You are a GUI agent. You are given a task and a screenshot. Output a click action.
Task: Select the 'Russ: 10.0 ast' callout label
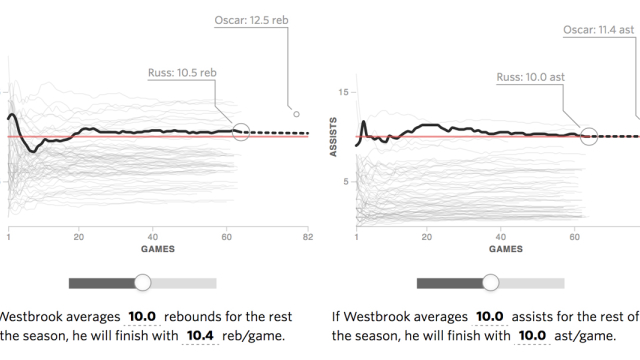(x=531, y=76)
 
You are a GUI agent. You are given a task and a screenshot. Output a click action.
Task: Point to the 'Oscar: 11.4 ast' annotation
(x=597, y=29)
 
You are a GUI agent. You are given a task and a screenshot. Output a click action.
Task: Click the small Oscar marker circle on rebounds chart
(x=296, y=114)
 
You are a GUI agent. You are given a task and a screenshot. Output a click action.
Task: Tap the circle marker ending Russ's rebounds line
(x=240, y=131)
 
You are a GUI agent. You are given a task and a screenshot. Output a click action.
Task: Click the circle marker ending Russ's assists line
(x=588, y=135)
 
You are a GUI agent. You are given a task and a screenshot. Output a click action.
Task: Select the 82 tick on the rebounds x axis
(x=308, y=237)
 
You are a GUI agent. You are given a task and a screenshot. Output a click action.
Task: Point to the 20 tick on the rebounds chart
(x=79, y=237)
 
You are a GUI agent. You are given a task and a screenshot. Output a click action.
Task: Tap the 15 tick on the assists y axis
(x=345, y=92)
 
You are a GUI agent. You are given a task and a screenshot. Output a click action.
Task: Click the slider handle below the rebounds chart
(x=143, y=283)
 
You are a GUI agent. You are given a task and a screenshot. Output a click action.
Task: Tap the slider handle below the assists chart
(x=491, y=283)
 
